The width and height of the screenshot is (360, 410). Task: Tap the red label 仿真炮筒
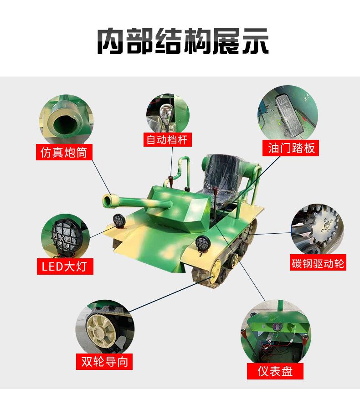pyautogui.click(x=64, y=152)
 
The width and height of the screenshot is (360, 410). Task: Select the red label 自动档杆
pyautogui.click(x=166, y=139)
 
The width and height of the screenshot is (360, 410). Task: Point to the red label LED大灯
pyautogui.click(x=64, y=266)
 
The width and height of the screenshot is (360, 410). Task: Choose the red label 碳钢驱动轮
pyautogui.click(x=318, y=263)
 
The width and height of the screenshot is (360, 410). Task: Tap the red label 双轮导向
pyautogui.click(x=104, y=361)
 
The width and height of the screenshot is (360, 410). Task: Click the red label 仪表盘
pyautogui.click(x=274, y=371)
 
